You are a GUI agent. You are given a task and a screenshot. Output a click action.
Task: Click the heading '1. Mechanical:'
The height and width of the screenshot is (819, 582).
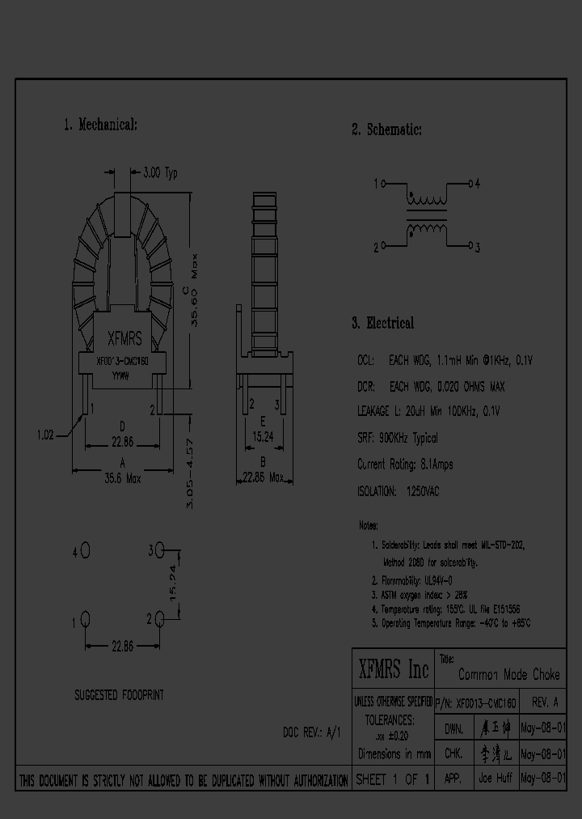[x=100, y=125]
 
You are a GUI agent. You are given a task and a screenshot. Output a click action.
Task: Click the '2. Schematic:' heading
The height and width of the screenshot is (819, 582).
[x=386, y=129]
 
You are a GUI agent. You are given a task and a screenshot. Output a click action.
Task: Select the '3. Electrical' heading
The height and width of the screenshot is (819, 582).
[x=382, y=323]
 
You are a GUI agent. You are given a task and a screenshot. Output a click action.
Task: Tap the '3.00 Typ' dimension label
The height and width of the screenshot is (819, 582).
[x=159, y=172]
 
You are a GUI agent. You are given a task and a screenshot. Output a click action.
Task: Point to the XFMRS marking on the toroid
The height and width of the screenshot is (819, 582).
[x=124, y=342]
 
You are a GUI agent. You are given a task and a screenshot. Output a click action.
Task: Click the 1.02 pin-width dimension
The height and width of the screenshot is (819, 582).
[x=45, y=435]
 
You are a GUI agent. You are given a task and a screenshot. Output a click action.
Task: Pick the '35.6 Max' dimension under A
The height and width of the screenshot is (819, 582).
[x=122, y=478]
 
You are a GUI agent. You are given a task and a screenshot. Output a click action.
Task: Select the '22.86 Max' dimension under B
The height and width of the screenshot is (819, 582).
[x=263, y=478]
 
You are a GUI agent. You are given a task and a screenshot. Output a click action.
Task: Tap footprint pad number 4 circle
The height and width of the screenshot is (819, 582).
[x=85, y=551]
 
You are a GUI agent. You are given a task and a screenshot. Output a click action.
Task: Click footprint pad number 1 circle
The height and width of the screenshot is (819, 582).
[x=85, y=621]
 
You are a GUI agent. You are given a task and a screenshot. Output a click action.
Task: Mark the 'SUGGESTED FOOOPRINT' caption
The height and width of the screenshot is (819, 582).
[x=120, y=695]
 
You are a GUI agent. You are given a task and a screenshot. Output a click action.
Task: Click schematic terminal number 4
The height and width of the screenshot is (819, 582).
[x=477, y=184]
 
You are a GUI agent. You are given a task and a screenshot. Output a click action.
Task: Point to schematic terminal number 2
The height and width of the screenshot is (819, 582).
[x=377, y=248]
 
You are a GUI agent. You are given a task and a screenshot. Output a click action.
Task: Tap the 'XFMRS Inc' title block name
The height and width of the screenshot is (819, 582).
[x=393, y=669]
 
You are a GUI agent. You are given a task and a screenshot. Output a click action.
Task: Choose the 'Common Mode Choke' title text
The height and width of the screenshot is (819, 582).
[x=508, y=674]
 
